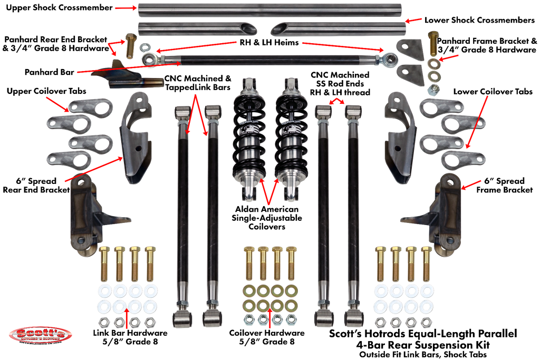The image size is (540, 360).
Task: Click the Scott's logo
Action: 41,335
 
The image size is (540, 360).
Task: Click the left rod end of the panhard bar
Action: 149,57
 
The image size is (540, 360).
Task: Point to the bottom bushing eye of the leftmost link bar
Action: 182,319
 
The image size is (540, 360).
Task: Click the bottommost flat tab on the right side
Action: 462,159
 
